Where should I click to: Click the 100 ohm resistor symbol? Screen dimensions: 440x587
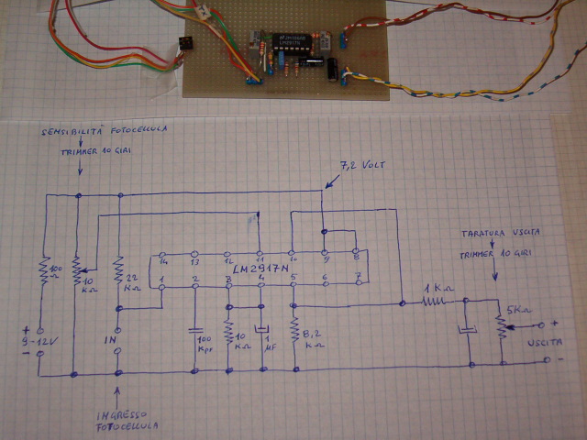[42, 272]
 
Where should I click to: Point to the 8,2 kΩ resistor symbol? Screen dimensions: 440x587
[293, 327]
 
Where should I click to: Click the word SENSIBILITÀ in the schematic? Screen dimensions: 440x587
[73, 133]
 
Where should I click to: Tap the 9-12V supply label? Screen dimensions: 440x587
[31, 346]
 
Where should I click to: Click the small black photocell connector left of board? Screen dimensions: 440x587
[185, 44]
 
